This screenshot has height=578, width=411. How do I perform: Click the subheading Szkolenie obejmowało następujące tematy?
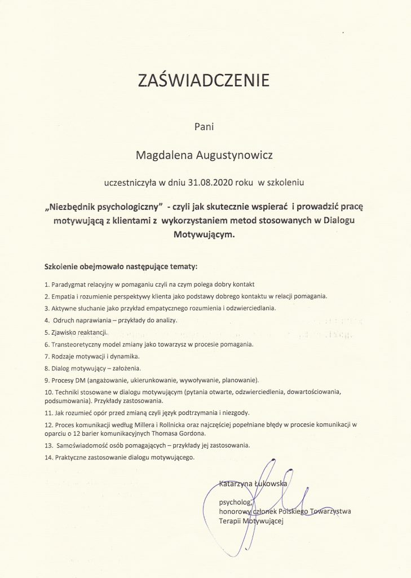121,265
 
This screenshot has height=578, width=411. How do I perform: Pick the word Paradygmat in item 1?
68,284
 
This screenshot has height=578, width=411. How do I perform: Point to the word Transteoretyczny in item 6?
76,344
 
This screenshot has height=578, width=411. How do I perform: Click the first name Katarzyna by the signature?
237,483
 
